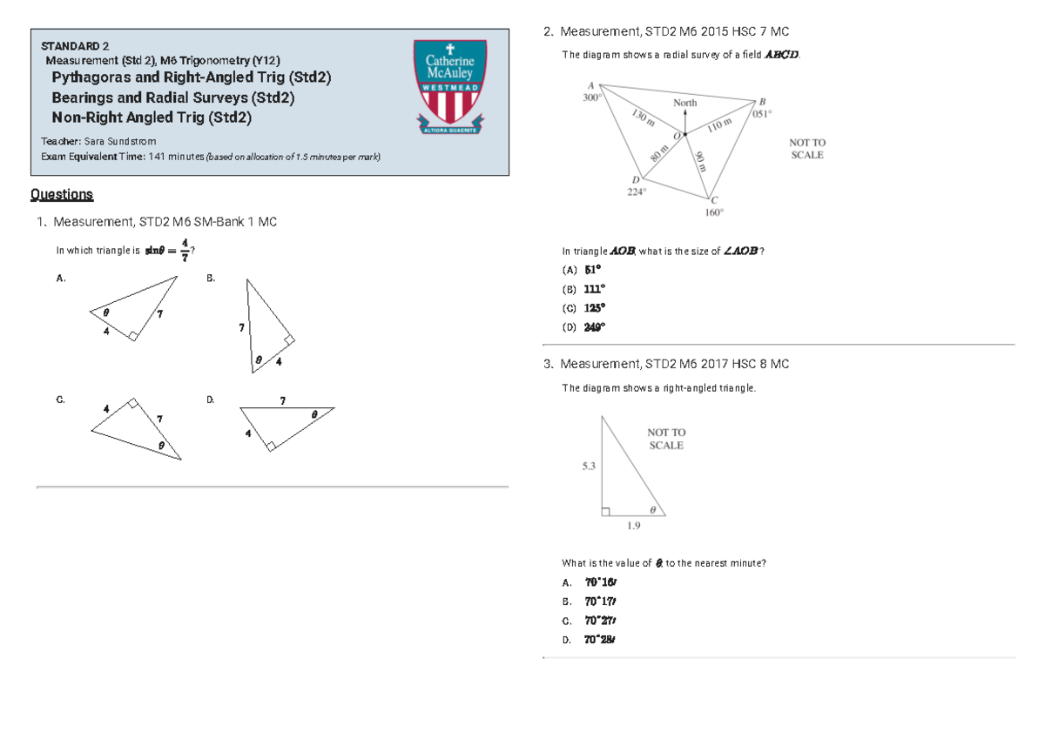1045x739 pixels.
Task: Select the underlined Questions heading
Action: (62, 194)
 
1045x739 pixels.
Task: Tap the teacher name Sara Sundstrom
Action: (120, 140)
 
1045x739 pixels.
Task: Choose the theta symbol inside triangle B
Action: (259, 358)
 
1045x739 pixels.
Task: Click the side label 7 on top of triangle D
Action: (282, 401)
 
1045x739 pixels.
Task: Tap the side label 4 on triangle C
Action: (105, 407)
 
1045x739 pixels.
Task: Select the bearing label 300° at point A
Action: (591, 98)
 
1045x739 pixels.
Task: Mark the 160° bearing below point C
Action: (714, 212)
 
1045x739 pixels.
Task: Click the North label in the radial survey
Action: (685, 103)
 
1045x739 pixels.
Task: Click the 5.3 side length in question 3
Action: (589, 466)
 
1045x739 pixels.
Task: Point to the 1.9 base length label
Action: (634, 526)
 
